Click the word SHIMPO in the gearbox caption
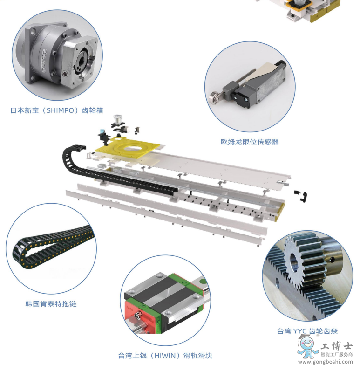pos(60,110)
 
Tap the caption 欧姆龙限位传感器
pos(250,142)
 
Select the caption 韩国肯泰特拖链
pos(51,304)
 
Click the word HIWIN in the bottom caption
pos(166,355)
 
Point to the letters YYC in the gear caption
pos(300,331)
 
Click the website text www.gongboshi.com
pos(326,362)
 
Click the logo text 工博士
pos(337,347)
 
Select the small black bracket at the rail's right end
pos(303,197)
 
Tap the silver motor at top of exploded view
pos(117,118)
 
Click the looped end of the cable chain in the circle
pos(19,254)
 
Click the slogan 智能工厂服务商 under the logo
pos(337,354)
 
